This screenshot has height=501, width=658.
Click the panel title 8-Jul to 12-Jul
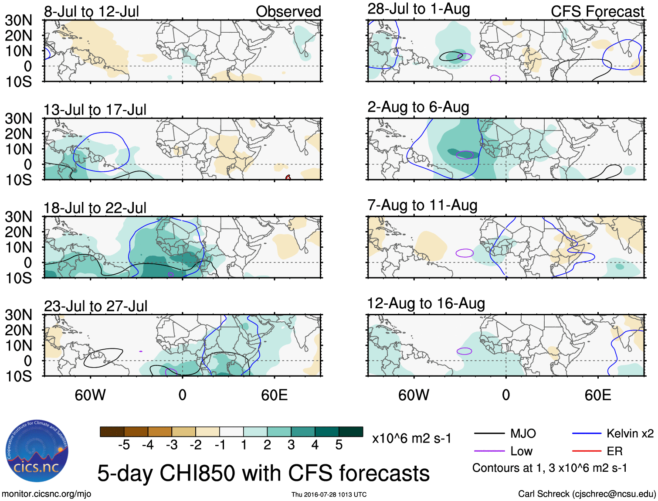click(91, 11)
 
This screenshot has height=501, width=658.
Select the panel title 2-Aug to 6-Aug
click(418, 107)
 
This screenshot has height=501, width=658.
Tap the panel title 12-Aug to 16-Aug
click(426, 303)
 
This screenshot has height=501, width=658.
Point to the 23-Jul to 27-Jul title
click(95, 306)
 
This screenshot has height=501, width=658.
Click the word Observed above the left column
click(288, 11)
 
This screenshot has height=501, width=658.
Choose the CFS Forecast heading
click(597, 11)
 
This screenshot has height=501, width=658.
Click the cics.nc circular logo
click(37, 451)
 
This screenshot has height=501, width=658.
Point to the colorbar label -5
click(124, 445)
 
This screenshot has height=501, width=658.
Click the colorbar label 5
click(339, 445)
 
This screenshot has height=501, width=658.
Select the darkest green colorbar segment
click(351, 432)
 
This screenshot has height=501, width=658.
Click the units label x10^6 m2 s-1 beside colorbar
click(411, 438)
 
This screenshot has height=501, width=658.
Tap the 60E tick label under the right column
click(597, 395)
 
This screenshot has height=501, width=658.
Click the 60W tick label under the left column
click(90, 395)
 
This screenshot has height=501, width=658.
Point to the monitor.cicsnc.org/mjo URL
click(47, 494)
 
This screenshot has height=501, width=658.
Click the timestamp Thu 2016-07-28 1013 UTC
click(329, 494)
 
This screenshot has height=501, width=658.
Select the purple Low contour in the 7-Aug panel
click(465, 253)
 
